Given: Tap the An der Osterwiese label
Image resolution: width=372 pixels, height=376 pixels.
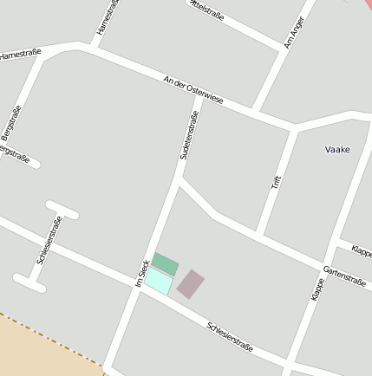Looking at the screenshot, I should pyautogui.click(x=193, y=90).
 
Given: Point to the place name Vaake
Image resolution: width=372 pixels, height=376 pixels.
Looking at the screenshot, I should pyautogui.click(x=337, y=150).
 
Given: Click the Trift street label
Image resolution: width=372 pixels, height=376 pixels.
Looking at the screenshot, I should pyautogui.click(x=277, y=182).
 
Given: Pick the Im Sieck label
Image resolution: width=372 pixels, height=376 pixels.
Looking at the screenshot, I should pyautogui.click(x=143, y=274).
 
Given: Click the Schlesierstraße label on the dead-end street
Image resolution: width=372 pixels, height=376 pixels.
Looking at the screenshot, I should pyautogui.click(x=49, y=239).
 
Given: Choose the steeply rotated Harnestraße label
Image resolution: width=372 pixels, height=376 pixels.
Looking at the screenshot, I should pyautogui.click(x=107, y=16).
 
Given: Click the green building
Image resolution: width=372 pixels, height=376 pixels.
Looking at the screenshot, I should pyautogui.click(x=166, y=263).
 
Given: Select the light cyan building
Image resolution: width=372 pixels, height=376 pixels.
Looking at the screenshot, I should pyautogui.click(x=157, y=281).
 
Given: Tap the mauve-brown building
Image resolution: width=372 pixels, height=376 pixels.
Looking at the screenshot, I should pyautogui.click(x=191, y=283).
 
